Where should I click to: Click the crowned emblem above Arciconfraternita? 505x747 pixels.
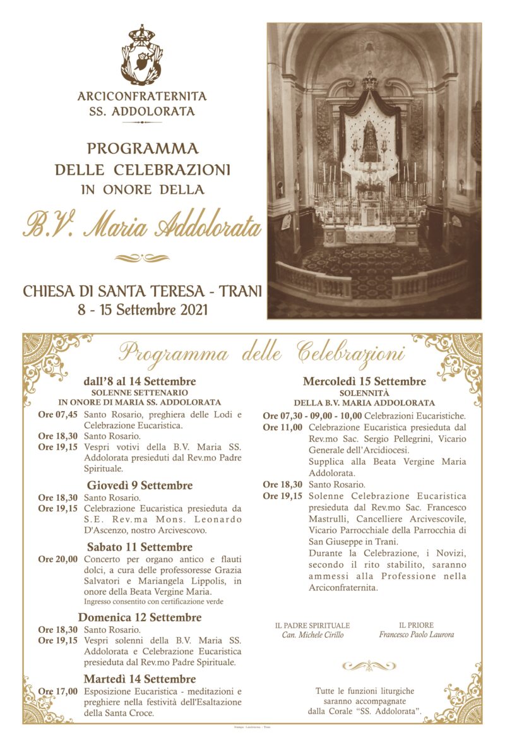(142, 55)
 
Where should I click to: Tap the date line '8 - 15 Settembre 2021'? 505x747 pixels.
(142, 309)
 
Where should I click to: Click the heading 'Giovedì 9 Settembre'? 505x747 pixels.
(140, 486)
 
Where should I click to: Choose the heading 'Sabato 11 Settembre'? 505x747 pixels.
(140, 547)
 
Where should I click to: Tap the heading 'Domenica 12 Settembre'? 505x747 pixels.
(140, 617)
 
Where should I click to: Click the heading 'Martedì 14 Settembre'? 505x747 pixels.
(140, 679)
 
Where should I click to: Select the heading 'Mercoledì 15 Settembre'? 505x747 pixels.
(364, 381)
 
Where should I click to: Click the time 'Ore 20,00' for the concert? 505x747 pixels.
(58, 559)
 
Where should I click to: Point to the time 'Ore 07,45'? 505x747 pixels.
(58, 414)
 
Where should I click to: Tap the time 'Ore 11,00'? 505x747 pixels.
(283, 427)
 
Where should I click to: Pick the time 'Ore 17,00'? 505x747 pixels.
(58, 691)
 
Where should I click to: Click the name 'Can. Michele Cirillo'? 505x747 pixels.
(312, 635)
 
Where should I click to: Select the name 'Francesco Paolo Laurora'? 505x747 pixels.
(417, 635)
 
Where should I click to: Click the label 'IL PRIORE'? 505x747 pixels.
(417, 625)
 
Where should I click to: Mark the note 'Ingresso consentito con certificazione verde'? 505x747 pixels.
(153, 602)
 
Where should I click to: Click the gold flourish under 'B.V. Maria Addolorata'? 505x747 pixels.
(142, 258)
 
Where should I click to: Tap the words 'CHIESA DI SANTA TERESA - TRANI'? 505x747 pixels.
(142, 292)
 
